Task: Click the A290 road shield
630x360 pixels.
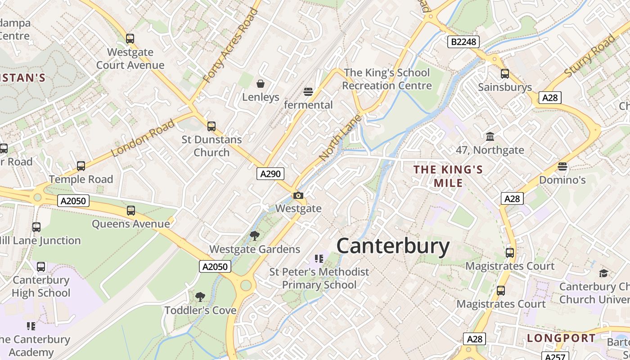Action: click(270, 174)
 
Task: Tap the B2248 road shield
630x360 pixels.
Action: click(463, 42)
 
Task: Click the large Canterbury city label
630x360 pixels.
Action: click(393, 246)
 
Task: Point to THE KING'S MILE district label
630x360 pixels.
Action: click(448, 176)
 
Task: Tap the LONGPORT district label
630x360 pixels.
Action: click(561, 338)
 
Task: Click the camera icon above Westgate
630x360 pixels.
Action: click(298, 195)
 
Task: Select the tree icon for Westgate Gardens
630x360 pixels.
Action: click(255, 235)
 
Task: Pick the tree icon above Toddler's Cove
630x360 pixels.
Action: click(200, 297)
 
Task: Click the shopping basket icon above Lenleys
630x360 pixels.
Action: click(260, 83)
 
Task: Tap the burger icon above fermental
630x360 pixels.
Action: click(308, 92)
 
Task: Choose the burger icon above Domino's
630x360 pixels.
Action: click(562, 166)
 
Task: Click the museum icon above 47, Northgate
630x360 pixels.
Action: click(490, 136)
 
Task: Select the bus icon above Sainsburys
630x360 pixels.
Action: click(505, 74)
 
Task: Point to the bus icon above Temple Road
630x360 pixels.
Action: click(81, 166)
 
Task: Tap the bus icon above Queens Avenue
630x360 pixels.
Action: click(130, 210)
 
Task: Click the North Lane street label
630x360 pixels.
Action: click(340, 137)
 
